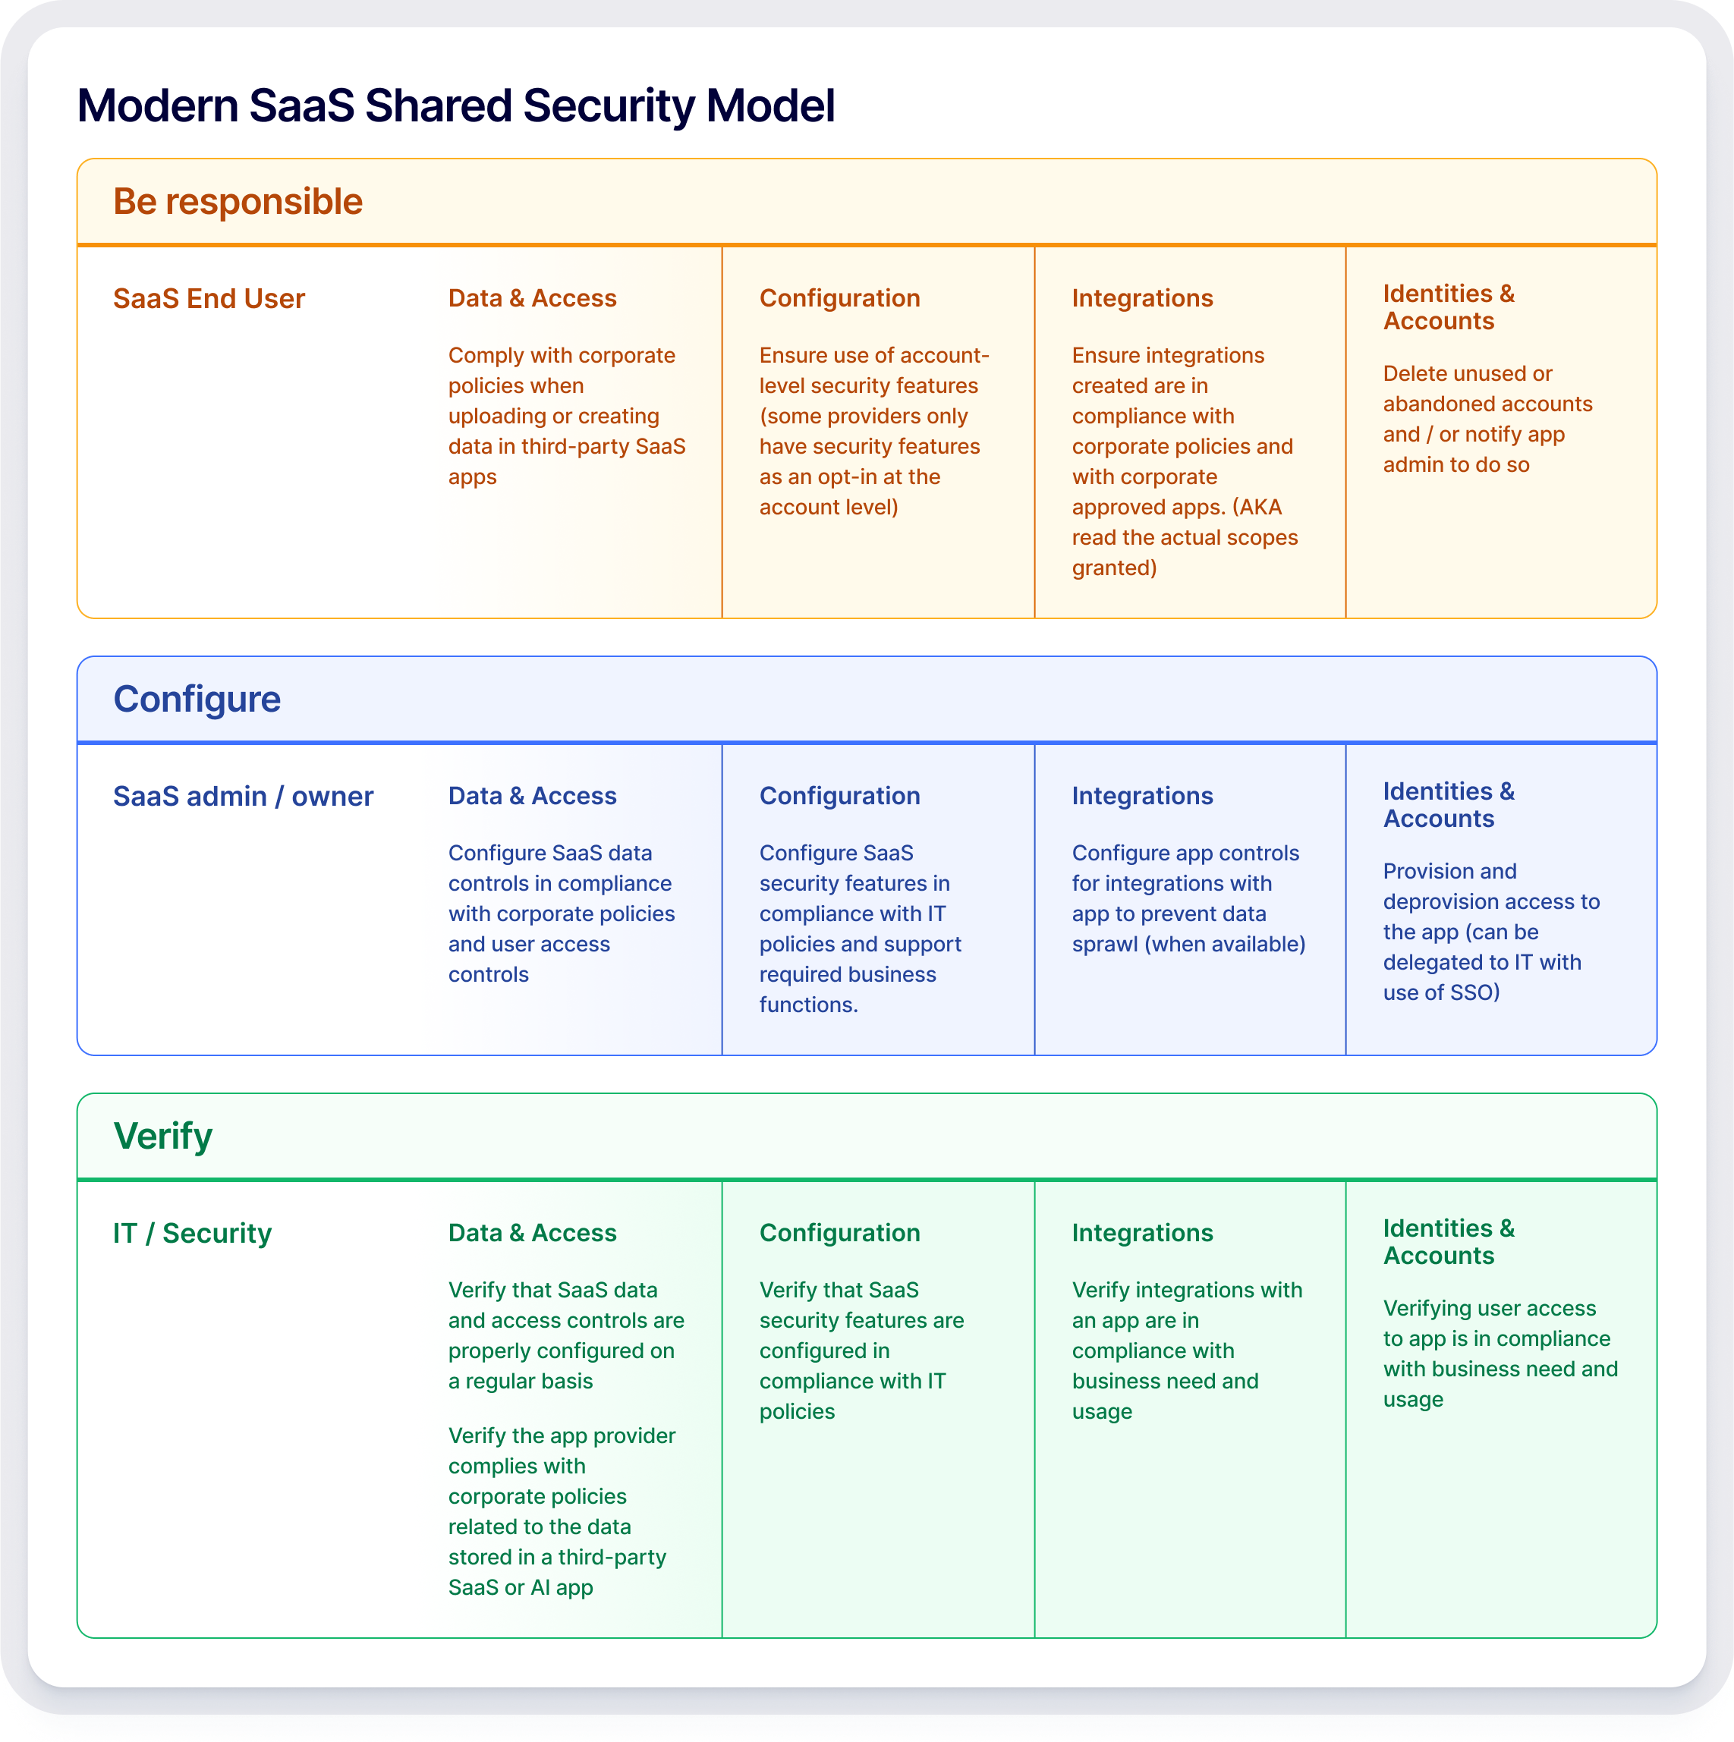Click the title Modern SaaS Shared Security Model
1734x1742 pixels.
[456, 105]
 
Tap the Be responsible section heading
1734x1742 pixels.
[238, 202]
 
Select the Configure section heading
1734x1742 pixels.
[197, 700]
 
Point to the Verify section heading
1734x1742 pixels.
[163, 1136]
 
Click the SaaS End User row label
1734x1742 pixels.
[209, 298]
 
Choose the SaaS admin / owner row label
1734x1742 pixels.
[244, 796]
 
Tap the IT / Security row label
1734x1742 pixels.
[192, 1233]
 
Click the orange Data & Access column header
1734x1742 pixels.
[533, 298]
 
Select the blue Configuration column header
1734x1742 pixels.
[840, 796]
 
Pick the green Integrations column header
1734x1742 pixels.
[1143, 1233]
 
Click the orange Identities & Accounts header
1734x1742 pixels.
[1449, 307]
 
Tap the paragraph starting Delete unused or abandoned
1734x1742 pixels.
[1488, 420]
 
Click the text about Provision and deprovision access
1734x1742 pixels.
[1491, 932]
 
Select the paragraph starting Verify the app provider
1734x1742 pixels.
[562, 1511]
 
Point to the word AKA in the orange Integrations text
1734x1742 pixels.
[1260, 508]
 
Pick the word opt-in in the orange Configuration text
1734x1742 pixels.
[849, 478]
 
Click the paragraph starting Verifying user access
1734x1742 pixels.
[1500, 1354]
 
